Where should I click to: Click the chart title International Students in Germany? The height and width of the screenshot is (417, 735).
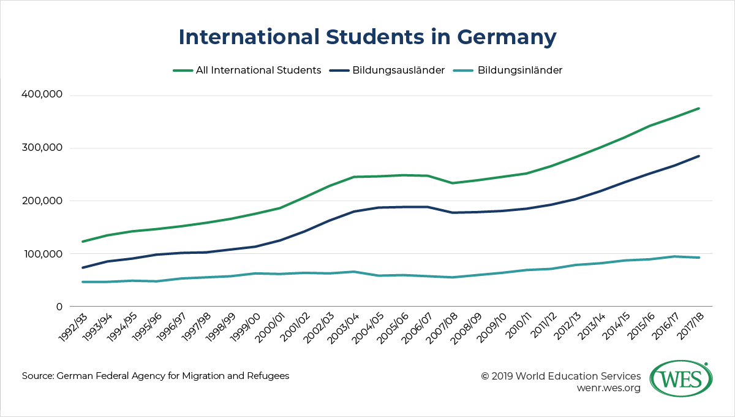point(367,37)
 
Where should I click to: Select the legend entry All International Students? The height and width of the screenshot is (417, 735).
point(258,70)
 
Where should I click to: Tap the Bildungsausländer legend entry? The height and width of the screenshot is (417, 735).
point(398,70)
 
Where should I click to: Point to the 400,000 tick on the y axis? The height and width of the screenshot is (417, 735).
point(42,96)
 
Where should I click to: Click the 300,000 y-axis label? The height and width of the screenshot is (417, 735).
point(42,148)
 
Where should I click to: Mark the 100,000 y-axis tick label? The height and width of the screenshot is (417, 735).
point(42,254)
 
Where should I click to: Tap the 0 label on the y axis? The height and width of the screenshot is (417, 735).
point(59,307)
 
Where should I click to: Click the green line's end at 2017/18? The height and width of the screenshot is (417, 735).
point(699,109)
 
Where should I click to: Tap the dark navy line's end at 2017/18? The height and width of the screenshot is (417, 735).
point(699,156)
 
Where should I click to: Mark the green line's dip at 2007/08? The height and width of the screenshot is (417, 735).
point(453,183)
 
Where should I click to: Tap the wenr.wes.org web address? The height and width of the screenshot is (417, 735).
point(608,388)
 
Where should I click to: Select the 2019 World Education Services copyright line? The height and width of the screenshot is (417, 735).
point(561,376)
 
